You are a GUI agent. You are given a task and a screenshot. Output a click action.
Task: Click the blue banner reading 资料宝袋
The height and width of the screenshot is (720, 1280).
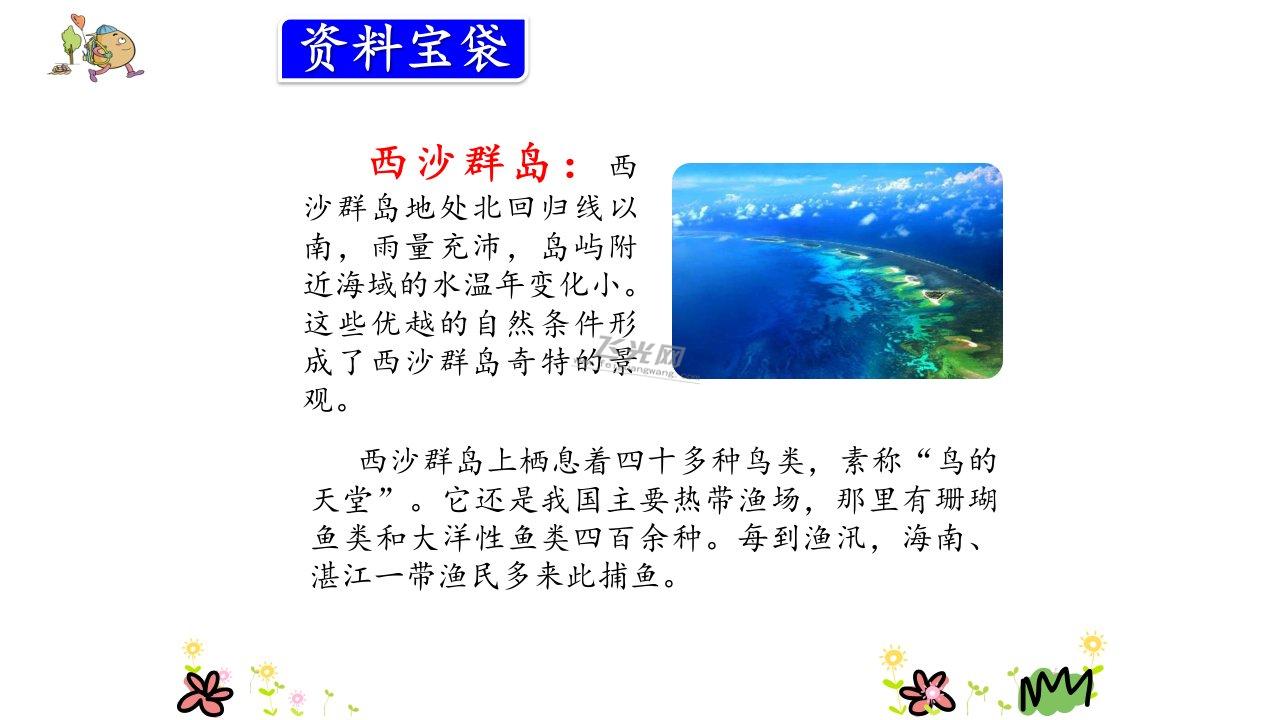[403, 50]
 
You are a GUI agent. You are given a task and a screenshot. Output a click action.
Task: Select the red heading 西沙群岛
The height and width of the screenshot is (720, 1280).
[460, 163]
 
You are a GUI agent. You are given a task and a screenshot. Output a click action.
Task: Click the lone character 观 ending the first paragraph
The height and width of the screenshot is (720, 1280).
[318, 399]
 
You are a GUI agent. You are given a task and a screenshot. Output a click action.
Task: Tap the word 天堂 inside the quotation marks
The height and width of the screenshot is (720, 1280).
[342, 500]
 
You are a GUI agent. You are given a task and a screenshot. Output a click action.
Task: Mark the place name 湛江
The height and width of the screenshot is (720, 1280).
[341, 576]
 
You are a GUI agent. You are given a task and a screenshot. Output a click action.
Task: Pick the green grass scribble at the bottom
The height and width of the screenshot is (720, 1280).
[1056, 690]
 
